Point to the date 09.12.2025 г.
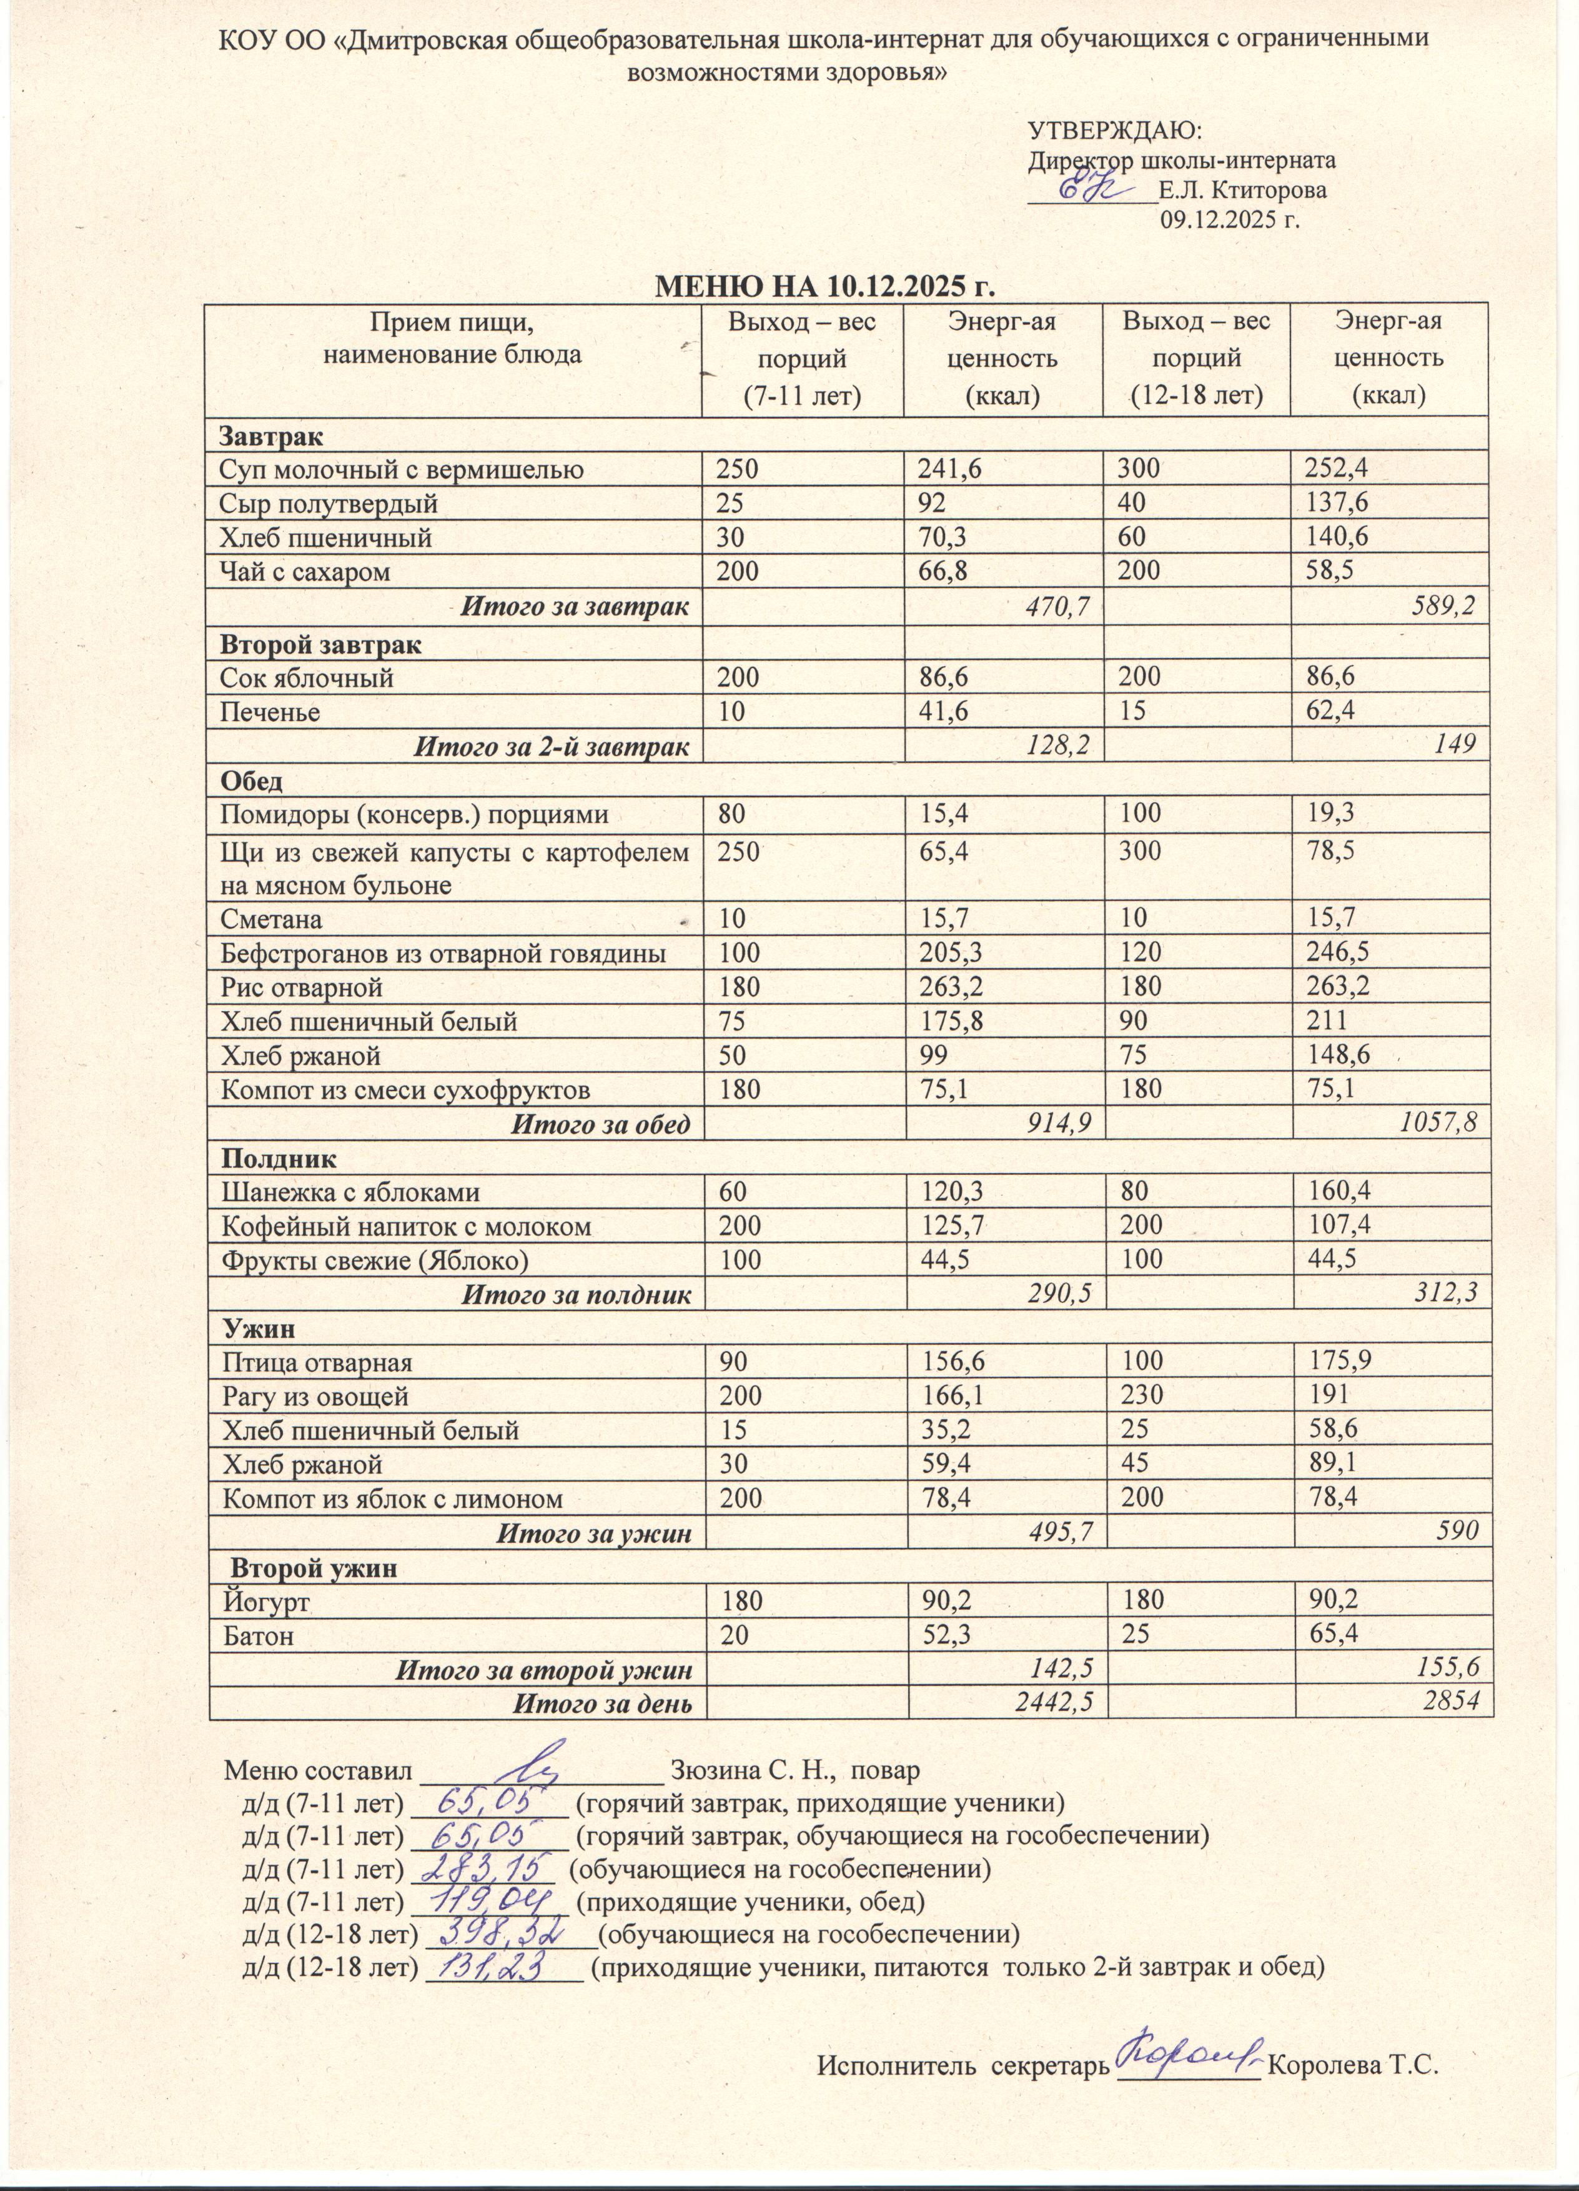(1229, 220)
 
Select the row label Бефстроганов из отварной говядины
(442, 954)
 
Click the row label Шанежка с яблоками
(350, 1193)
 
